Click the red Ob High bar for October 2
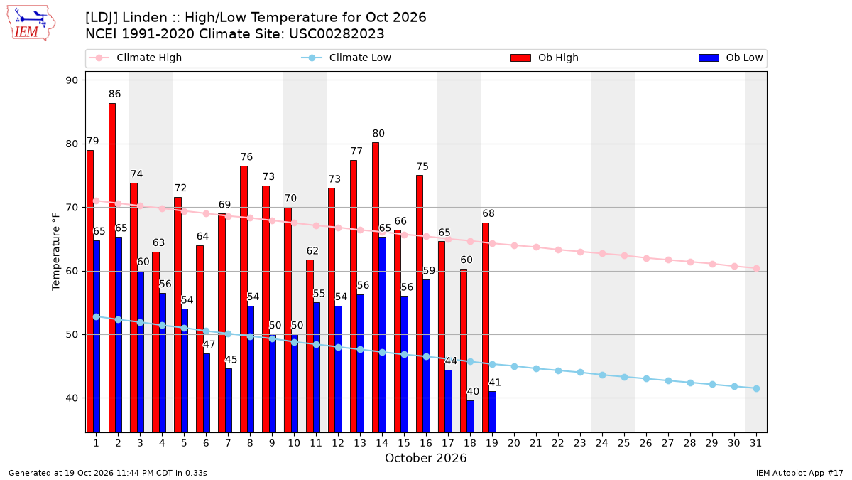[112, 268]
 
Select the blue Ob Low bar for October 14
[382, 334]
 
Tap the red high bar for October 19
[486, 328]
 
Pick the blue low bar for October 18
[471, 417]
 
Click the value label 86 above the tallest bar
[114, 94]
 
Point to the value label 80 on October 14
[378, 134]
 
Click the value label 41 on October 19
[494, 383]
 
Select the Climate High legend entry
[135, 58]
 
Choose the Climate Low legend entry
[346, 58]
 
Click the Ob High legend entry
[545, 58]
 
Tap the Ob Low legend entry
[731, 58]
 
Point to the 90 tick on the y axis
[72, 80]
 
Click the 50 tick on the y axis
[72, 334]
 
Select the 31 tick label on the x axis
[755, 443]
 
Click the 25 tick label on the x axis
[624, 443]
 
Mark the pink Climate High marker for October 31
[757, 268]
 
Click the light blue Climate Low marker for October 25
[625, 377]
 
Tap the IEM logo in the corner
[31, 23]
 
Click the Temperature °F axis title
[56, 252]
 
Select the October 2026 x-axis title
[425, 458]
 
